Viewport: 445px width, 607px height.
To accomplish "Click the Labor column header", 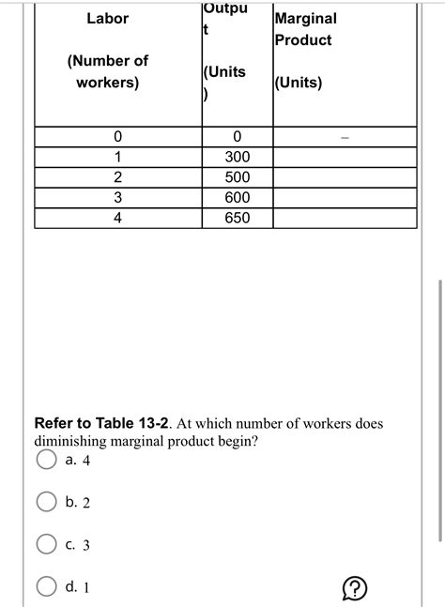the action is click(x=108, y=19).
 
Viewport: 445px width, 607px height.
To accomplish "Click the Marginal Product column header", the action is click(x=305, y=29).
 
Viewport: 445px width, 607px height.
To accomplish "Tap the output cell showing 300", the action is click(x=238, y=157).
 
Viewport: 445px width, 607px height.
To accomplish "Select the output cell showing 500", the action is click(x=238, y=177).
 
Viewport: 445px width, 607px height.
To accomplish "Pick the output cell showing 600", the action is click(x=238, y=198).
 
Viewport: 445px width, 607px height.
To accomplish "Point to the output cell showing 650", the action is click(x=238, y=218).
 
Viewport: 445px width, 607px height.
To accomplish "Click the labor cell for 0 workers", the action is click(x=117, y=137).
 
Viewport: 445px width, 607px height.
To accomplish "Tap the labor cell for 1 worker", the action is click(x=117, y=157).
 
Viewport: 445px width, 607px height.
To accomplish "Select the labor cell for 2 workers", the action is click(x=117, y=177).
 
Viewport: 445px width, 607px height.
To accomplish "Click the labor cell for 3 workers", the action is click(x=117, y=198).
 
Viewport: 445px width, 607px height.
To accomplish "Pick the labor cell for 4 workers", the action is click(x=117, y=218).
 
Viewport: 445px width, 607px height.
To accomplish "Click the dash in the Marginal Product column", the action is click(x=345, y=138).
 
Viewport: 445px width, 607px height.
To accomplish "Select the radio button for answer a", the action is click(x=46, y=460).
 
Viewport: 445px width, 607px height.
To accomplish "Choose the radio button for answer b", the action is click(x=46, y=502).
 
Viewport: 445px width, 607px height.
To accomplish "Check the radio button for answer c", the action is click(x=46, y=544).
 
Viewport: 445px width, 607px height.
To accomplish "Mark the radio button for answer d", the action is click(x=46, y=586).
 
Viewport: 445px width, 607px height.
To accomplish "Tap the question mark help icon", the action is click(x=354, y=588).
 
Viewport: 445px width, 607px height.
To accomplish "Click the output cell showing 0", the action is click(x=238, y=137).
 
